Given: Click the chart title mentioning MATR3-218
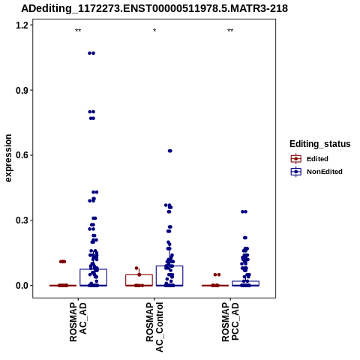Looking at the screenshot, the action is coord(154,9).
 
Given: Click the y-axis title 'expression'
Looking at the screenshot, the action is coord(8,158).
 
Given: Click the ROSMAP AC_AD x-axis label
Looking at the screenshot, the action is coord(78,322).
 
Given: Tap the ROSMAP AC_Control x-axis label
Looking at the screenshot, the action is coord(154,327).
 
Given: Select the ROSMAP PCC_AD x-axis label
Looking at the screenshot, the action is coord(230,322).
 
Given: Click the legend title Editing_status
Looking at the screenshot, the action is coord(320,144).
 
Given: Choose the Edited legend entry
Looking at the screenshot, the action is coord(310,159).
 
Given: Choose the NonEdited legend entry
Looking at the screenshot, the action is coord(316,172).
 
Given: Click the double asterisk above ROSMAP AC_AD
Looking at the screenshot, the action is coord(78,31).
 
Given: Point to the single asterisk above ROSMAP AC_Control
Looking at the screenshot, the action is coord(154,31).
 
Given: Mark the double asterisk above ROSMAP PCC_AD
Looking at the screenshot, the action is coord(230,31).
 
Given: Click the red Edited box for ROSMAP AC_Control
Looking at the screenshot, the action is coord(139,280).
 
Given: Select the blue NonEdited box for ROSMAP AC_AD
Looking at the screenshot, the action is coord(93,277).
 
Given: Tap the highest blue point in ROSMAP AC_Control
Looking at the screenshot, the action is coord(170,151).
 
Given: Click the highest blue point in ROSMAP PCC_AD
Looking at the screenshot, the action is coord(244,211).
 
